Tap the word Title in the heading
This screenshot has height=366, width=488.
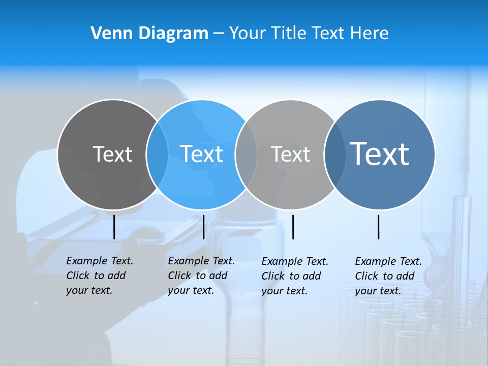(x=288, y=34)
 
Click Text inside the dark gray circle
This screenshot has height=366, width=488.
(x=112, y=154)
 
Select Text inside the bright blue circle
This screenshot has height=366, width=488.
(x=201, y=154)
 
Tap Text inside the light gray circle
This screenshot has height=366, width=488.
(x=290, y=154)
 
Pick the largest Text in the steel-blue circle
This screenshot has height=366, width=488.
(x=380, y=154)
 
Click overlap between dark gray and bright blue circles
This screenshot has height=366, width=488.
(x=157, y=155)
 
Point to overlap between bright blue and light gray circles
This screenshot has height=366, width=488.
(x=246, y=155)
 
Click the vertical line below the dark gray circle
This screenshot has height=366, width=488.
(x=114, y=227)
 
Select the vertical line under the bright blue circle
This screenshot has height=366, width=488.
(x=203, y=227)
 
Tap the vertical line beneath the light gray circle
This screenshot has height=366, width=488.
(x=293, y=227)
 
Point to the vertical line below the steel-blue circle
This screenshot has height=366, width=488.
(x=379, y=227)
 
